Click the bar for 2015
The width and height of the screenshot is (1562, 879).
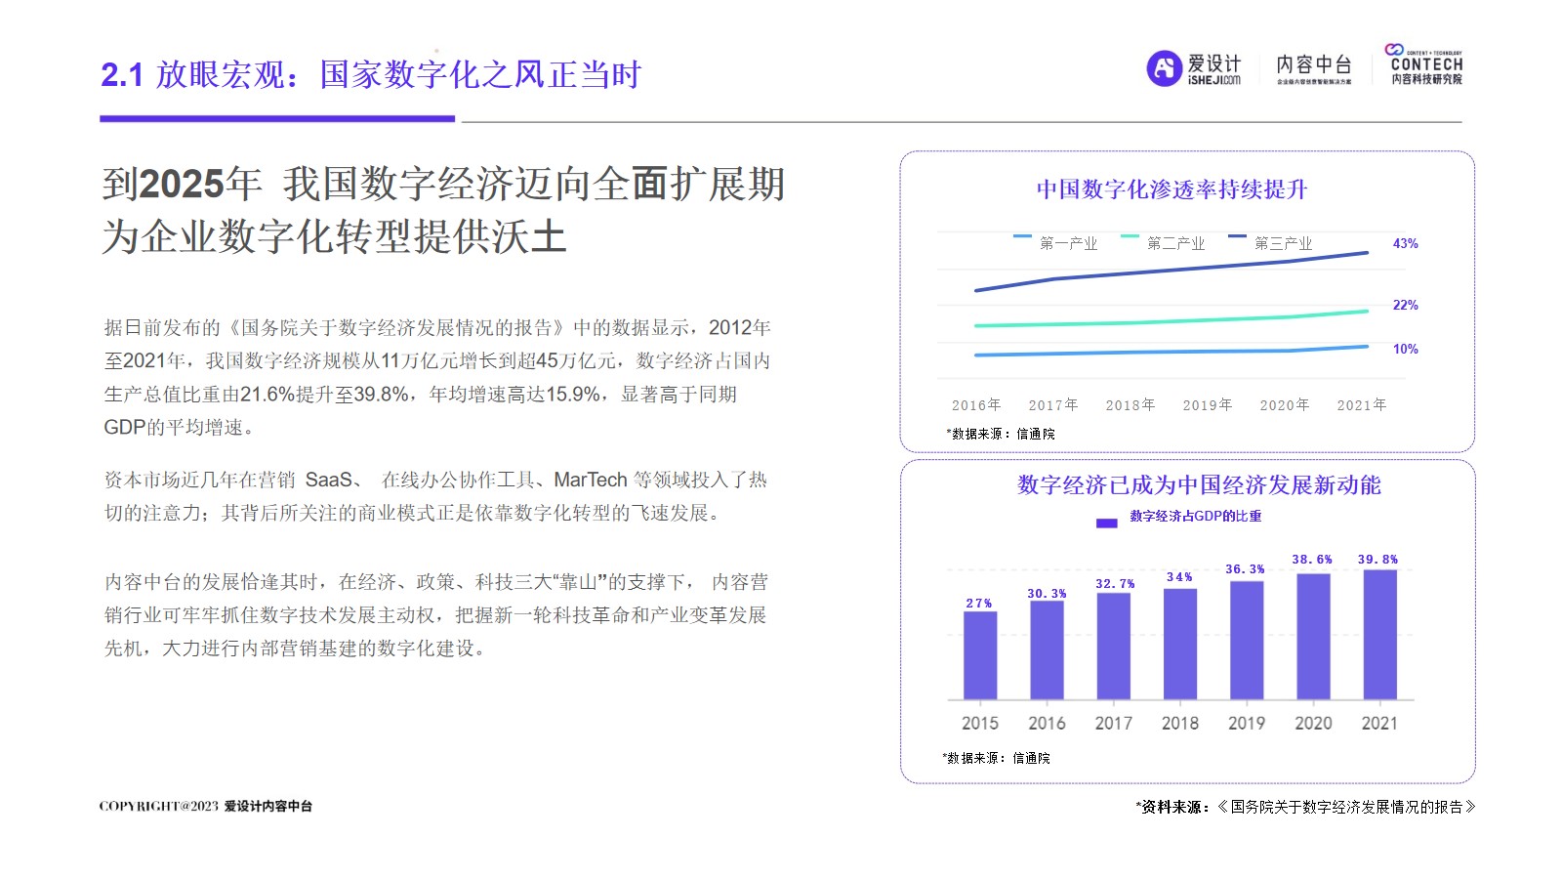tap(980, 655)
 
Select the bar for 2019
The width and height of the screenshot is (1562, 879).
tap(1247, 640)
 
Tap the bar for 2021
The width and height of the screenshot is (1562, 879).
tap(1379, 634)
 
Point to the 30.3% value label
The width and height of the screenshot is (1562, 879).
tap(1047, 594)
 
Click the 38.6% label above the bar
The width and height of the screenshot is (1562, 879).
tap(1312, 560)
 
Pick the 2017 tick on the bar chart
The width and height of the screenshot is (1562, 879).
tap(1114, 724)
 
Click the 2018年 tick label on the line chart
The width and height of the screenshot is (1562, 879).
tap(1130, 405)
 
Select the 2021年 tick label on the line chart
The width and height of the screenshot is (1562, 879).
tap(1362, 405)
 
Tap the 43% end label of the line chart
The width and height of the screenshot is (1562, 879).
tap(1405, 244)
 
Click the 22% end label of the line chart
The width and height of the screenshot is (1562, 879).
tap(1405, 306)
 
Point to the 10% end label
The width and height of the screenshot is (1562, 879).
tap(1405, 350)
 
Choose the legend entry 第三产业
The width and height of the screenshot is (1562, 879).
tap(1283, 243)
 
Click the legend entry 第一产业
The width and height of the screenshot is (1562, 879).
tap(1068, 243)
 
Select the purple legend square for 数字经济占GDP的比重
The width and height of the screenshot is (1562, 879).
tap(1106, 523)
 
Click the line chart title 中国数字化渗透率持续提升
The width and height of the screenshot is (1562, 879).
tap(1171, 189)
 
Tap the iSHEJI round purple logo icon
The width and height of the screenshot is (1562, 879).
tap(1164, 68)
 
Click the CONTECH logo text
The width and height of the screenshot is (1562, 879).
tap(1426, 64)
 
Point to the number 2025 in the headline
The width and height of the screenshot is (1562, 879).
tap(183, 184)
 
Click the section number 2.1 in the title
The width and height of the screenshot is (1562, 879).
tap(122, 75)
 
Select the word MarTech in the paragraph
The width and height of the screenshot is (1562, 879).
tap(590, 481)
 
